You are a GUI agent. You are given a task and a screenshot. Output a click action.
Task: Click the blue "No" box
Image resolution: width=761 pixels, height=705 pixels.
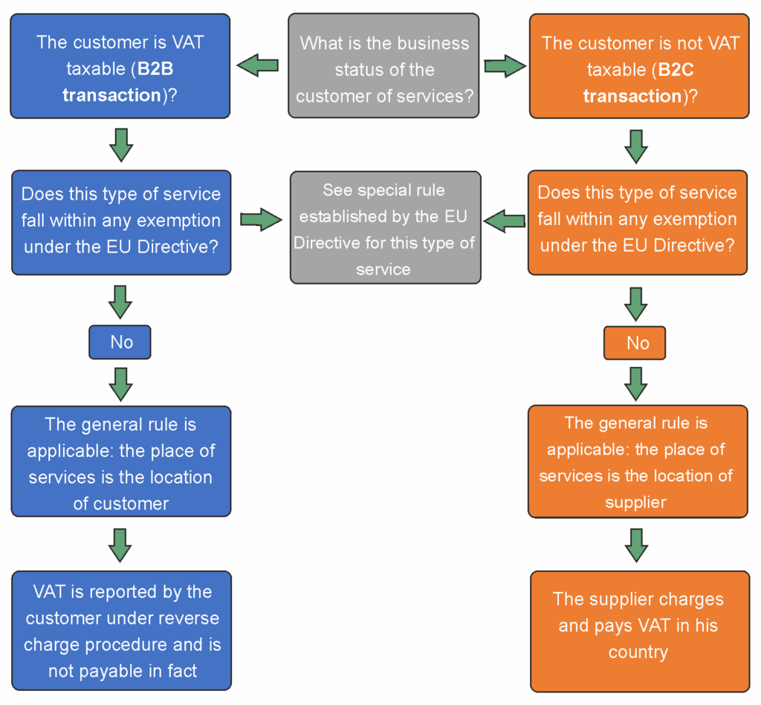point(120,342)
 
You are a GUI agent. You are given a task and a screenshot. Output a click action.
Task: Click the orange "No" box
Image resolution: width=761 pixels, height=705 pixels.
point(635,342)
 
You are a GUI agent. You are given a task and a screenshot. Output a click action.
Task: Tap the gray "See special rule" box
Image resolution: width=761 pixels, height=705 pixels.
point(385,229)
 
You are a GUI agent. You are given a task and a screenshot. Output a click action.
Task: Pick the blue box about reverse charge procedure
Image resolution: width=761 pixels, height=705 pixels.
point(122,631)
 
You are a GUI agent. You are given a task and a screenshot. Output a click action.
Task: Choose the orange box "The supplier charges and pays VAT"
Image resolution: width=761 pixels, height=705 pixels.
point(639,631)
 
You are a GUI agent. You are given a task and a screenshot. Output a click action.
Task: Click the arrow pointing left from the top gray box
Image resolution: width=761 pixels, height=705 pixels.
point(258,65)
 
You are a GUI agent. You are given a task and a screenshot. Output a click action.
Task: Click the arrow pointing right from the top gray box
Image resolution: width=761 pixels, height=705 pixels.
point(505,66)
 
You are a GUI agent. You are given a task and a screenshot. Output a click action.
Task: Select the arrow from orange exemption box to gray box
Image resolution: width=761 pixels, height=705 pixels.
point(505,220)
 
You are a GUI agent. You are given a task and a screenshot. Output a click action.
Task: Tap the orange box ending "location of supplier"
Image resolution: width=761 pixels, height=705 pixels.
point(638,462)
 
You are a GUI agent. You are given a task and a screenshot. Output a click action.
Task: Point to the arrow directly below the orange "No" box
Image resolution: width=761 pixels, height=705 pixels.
point(635,382)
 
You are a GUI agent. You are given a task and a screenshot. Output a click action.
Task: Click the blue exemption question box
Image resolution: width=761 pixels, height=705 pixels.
point(121,221)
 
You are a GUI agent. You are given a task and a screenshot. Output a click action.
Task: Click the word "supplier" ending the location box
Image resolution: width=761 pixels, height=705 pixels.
point(635,502)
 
